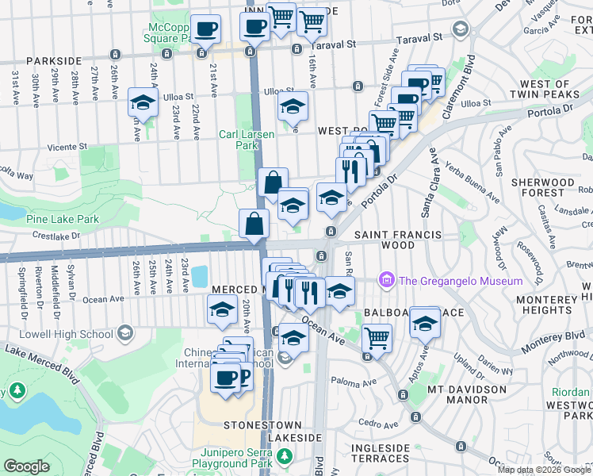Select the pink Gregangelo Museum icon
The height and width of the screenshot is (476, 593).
click(386, 280)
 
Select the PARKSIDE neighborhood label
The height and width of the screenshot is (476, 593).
click(54, 60)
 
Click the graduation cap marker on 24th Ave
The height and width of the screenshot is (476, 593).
click(143, 103)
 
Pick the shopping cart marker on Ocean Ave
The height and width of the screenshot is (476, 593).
click(377, 340)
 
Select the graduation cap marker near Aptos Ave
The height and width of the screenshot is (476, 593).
click(425, 324)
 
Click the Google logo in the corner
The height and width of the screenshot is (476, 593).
click(27, 466)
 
